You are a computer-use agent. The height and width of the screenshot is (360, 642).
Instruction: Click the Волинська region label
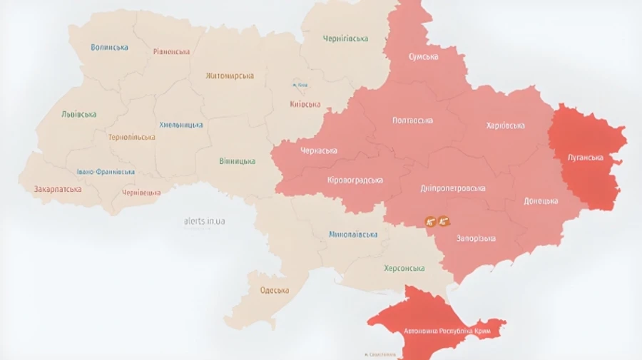pos(110,47)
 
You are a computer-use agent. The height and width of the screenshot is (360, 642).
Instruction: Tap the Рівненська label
pos(172,51)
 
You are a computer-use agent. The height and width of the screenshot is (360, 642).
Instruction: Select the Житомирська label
pos(230,76)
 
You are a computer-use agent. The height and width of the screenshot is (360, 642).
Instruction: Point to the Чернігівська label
pos(345,38)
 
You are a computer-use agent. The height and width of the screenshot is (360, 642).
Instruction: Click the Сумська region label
pos(424,56)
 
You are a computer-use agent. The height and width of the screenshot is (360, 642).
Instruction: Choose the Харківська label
pos(505,125)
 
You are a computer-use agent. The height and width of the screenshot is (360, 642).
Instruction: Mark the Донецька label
pos(541,201)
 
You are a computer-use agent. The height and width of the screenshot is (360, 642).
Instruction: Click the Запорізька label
pos(477,239)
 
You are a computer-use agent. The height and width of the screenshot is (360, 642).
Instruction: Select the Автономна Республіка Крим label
pos(447,331)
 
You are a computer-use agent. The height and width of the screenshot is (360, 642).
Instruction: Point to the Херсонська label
pos(404,268)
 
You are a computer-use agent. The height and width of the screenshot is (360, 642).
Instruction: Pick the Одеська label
pos(275,290)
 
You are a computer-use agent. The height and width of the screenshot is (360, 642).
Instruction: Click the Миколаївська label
pos(353,234)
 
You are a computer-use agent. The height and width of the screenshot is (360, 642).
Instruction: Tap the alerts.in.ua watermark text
pos(205,221)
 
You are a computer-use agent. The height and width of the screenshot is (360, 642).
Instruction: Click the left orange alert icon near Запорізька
pos(430,222)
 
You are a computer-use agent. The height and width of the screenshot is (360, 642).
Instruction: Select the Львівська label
pos(79,114)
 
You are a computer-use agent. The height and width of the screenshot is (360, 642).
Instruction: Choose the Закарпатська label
pos(58,190)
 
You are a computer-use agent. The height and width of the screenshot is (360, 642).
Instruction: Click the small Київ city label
pos(300,86)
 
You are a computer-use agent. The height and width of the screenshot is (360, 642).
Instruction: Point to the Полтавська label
pos(412,120)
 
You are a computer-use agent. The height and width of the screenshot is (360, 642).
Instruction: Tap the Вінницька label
pos(238,161)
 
